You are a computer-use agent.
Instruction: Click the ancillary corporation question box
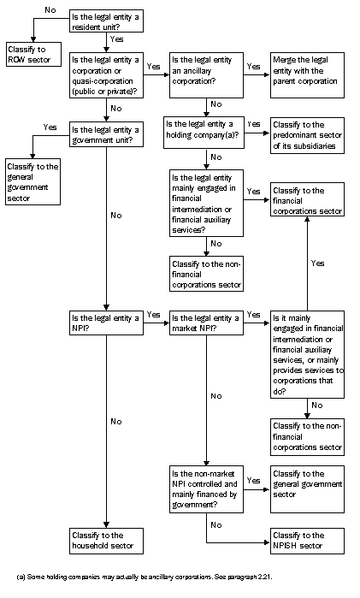205,70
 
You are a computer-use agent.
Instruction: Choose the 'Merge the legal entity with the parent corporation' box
307,70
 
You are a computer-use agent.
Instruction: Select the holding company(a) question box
205,129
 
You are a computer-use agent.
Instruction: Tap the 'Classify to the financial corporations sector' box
307,200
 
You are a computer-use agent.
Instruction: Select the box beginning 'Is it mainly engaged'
307,353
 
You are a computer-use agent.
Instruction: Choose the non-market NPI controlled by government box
205,488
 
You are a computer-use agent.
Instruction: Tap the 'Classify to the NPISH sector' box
307,541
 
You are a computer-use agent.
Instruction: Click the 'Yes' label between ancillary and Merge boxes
254,65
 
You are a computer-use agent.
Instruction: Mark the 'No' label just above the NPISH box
216,524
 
